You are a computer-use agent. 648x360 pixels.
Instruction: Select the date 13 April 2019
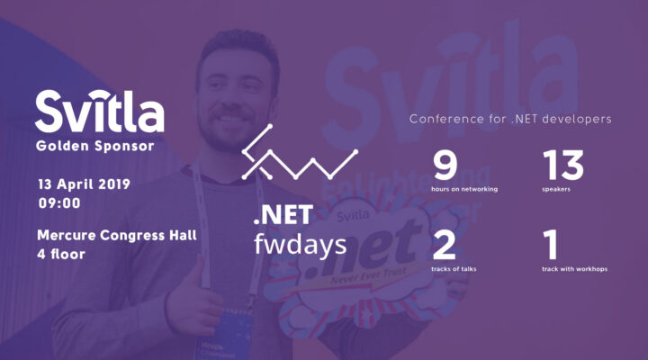point(84,184)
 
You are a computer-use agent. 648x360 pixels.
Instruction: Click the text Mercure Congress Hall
point(117,236)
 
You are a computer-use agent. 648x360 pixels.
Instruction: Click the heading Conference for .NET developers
point(510,119)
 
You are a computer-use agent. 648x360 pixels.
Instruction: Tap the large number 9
point(445,166)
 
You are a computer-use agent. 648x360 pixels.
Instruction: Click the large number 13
point(562,166)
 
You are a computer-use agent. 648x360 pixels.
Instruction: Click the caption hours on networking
point(465,190)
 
